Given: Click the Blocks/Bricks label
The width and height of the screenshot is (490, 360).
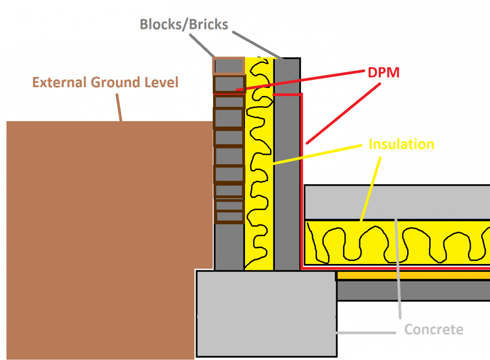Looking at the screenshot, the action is tap(184, 24).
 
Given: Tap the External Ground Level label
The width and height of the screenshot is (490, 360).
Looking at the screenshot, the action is tap(105, 82).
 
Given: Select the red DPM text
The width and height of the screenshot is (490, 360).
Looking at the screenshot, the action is tap(384, 72).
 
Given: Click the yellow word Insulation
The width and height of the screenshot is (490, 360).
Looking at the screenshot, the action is tap(401, 144).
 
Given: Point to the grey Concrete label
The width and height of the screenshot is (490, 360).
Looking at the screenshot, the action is tap(434, 329).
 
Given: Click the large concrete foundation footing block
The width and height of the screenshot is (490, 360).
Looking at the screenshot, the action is tap(267, 314).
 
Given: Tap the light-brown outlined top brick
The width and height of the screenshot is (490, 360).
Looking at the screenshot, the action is tap(228, 66).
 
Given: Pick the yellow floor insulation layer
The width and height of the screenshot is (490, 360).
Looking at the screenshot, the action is tap(397, 242).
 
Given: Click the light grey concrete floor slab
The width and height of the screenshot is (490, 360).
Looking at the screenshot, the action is tap(397, 202).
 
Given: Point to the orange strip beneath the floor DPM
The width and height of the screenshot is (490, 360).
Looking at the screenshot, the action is tap(413, 275).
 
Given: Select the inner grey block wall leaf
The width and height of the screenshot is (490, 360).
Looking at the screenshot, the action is tap(287, 164).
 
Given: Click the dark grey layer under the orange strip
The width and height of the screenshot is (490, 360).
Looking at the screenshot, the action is tap(413, 290).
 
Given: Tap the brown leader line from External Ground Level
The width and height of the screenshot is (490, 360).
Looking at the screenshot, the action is tap(119, 107).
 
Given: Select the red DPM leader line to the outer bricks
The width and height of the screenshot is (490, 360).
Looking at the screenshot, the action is tap(300, 81).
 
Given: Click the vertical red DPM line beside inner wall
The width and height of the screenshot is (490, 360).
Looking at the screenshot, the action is tap(301, 181).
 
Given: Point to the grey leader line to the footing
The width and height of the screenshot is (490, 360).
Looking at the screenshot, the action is tap(366, 333).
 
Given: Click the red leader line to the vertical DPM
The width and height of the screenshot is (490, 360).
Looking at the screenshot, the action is tap(343, 114).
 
